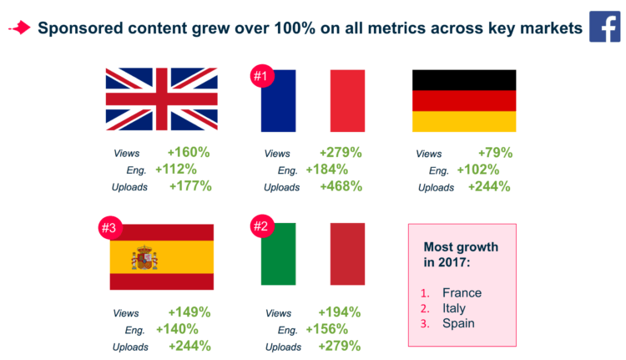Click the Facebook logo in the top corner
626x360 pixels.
coord(603,26)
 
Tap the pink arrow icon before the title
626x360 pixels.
coord(18,28)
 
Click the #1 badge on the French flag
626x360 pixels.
coord(263,78)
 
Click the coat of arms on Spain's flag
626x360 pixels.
coord(144,258)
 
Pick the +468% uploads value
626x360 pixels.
coord(341,186)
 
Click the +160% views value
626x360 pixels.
coord(189,153)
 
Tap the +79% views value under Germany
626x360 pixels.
coord(494,153)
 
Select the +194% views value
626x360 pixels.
coord(340,312)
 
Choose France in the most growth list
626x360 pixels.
coord(462,292)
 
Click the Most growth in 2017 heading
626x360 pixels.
coord(460,255)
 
